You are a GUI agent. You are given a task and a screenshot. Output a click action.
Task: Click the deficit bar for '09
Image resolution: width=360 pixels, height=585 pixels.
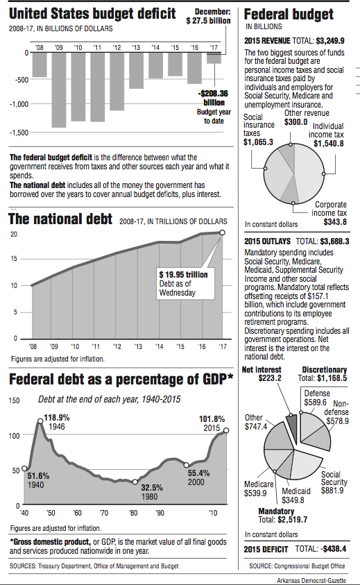59,90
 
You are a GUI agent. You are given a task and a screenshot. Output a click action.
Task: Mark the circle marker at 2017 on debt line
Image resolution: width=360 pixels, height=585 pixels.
223,232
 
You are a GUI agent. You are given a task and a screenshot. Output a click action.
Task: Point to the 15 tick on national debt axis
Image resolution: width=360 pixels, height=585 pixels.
13,259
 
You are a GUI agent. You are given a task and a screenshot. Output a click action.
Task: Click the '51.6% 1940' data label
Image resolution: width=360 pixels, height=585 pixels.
39,480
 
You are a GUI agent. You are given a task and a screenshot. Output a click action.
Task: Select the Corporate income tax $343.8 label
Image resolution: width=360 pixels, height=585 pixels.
330,213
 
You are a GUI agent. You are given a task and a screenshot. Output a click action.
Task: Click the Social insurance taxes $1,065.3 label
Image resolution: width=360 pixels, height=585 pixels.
258,130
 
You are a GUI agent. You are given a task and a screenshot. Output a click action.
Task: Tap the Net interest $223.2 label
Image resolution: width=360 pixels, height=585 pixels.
261,373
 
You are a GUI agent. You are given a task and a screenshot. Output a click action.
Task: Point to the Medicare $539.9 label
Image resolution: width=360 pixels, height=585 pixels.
255,489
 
